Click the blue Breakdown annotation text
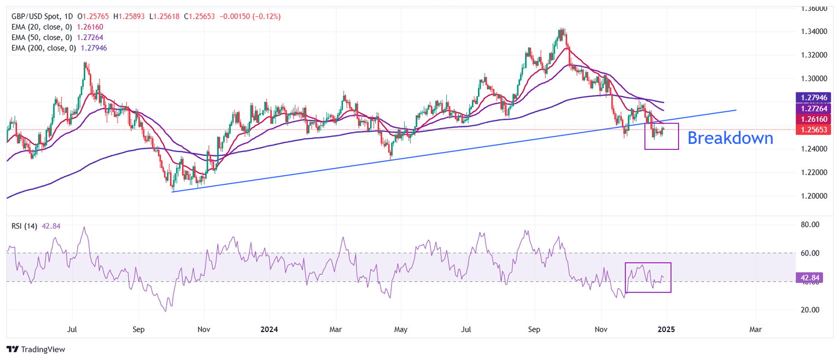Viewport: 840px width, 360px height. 730,138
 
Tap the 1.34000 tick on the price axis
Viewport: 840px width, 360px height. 814,32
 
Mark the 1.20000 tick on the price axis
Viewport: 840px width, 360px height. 814,196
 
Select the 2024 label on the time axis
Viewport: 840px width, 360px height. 270,330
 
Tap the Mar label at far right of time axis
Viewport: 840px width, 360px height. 756,330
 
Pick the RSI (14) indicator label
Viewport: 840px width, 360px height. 22,226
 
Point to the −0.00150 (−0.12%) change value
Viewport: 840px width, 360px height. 250,16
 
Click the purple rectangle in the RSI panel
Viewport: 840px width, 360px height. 648,277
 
